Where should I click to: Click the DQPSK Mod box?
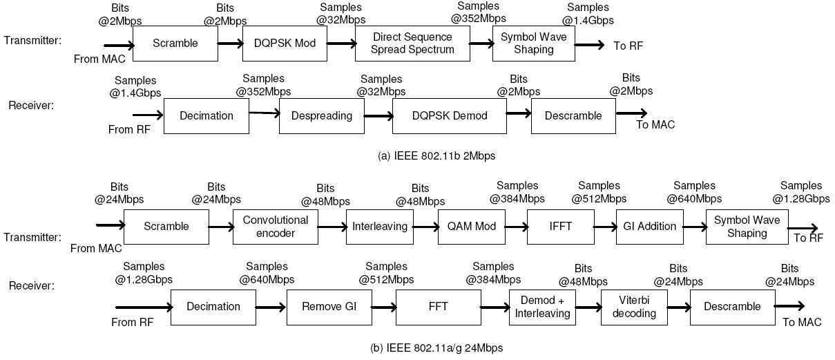[x=285, y=44]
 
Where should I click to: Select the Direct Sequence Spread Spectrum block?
[x=412, y=44]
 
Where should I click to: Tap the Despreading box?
[x=321, y=115]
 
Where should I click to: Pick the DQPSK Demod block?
[x=449, y=115]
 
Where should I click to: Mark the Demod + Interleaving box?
[x=543, y=307]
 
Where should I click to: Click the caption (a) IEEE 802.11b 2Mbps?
[x=436, y=156]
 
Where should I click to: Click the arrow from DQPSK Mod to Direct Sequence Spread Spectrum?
[x=340, y=44]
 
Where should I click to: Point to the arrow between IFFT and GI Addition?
[x=604, y=227]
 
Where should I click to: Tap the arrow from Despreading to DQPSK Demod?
[x=378, y=115]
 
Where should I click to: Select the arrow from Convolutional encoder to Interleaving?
[x=332, y=227]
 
